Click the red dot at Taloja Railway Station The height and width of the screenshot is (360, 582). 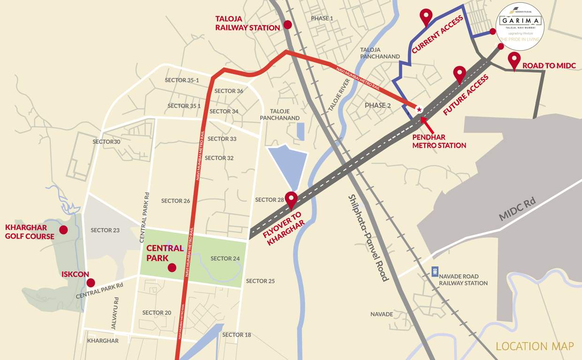pos(287,24)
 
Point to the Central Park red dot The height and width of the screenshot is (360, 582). pos(172,268)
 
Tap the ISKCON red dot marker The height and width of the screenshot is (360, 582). pos(91,283)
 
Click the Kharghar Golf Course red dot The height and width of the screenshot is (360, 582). pos(63,230)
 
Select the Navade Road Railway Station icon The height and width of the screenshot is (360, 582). pos(435,272)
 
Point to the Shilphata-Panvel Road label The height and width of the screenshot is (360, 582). pos(369,238)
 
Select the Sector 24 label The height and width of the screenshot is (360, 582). pos(225,258)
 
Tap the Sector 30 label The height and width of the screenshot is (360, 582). pos(106,142)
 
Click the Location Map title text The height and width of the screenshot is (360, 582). pos(535,346)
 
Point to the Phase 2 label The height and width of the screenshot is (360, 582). pos(378,105)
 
